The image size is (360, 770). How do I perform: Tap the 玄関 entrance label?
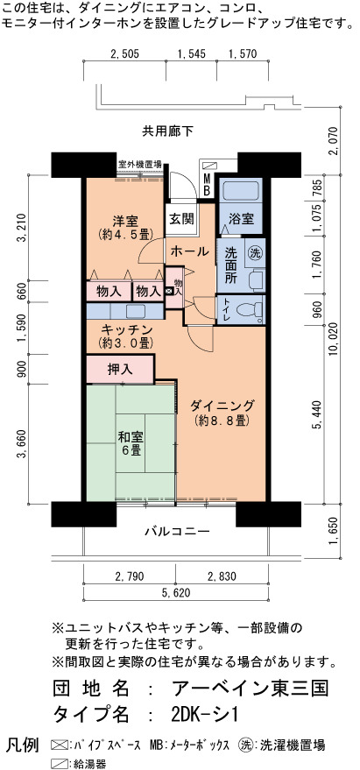click(x=181, y=218)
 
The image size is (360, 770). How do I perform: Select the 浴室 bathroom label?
click(x=241, y=218)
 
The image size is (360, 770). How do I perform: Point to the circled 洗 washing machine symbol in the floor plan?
click(x=254, y=253)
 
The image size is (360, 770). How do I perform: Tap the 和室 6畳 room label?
click(x=131, y=443)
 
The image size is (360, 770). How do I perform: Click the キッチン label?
click(x=127, y=329)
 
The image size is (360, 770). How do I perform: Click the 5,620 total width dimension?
click(x=175, y=593)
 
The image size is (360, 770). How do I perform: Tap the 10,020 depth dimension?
click(x=336, y=338)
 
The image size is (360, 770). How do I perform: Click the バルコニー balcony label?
click(x=177, y=532)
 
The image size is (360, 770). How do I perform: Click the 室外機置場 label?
click(x=139, y=165)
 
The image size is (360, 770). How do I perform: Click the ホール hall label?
click(x=189, y=251)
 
